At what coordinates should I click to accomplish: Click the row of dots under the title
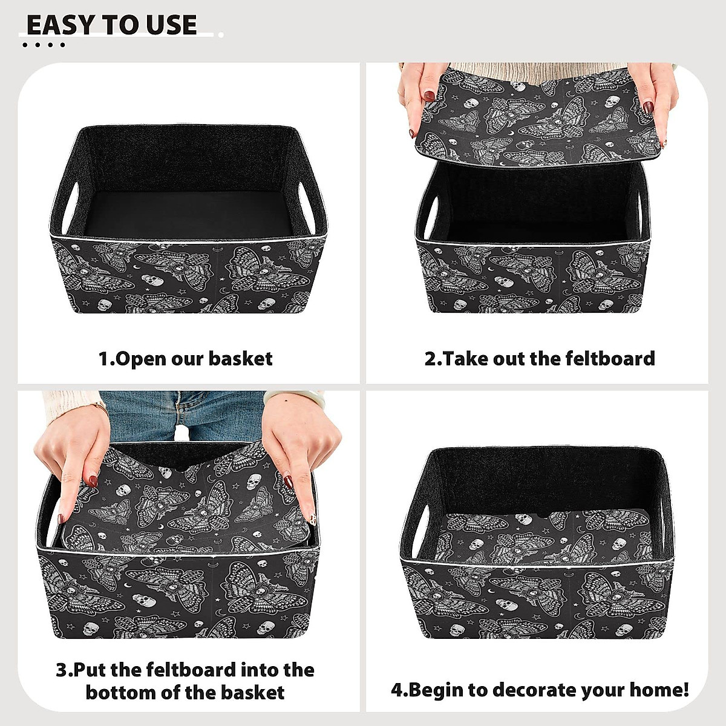coord(43,45)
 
